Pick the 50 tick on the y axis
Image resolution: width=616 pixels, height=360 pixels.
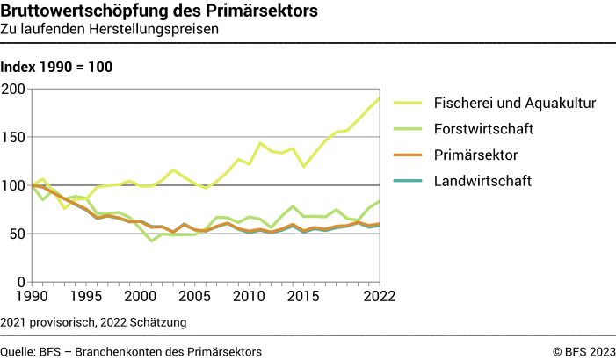[x=16, y=234]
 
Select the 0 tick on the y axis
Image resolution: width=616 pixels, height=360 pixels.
[x=20, y=282]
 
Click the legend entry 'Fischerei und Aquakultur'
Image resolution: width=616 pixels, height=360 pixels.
[x=515, y=103]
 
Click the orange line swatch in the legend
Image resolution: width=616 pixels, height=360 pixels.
[x=408, y=155]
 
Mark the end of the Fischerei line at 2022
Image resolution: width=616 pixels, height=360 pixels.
[x=379, y=98]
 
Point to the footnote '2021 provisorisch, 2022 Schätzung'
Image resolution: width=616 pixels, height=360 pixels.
[x=94, y=323]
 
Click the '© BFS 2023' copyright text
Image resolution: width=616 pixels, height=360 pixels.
[x=583, y=351]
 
